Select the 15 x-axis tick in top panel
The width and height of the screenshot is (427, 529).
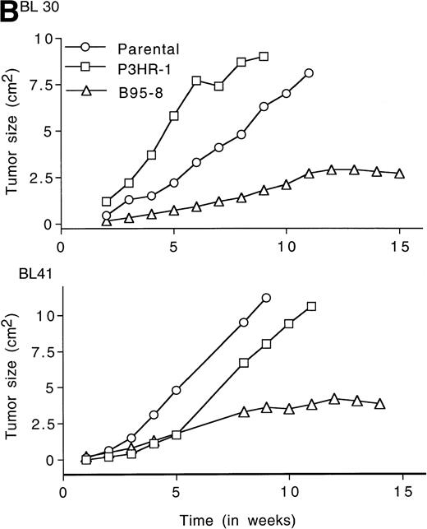coord(399,245)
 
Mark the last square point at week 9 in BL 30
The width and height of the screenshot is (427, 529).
coord(264,57)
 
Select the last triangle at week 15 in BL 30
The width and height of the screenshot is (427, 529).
coord(399,173)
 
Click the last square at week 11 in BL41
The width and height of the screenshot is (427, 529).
coord(311,307)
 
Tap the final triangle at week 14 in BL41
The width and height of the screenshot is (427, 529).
coord(379,403)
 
